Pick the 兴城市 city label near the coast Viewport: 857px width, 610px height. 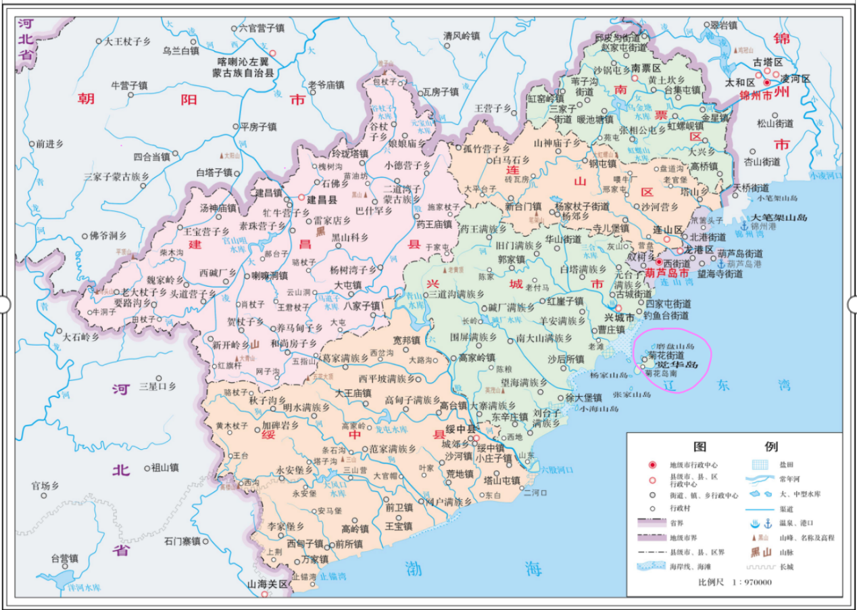pos(617,317)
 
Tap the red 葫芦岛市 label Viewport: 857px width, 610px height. pos(666,274)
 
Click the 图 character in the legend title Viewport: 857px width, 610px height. pos(700,447)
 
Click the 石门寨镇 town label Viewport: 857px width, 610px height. pos(181,541)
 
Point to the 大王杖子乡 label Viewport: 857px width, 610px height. pos(126,41)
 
